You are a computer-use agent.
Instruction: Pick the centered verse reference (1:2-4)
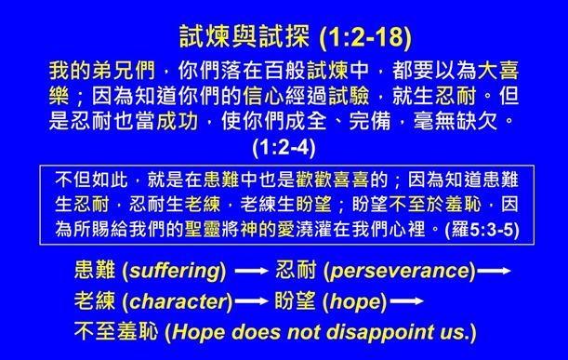pyautogui.click(x=284, y=145)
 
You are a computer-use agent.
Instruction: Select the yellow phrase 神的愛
pyautogui.click(x=281, y=227)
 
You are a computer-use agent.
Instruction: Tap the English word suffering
pyautogui.click(x=177, y=272)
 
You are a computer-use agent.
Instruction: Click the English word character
pyautogui.click(x=177, y=301)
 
